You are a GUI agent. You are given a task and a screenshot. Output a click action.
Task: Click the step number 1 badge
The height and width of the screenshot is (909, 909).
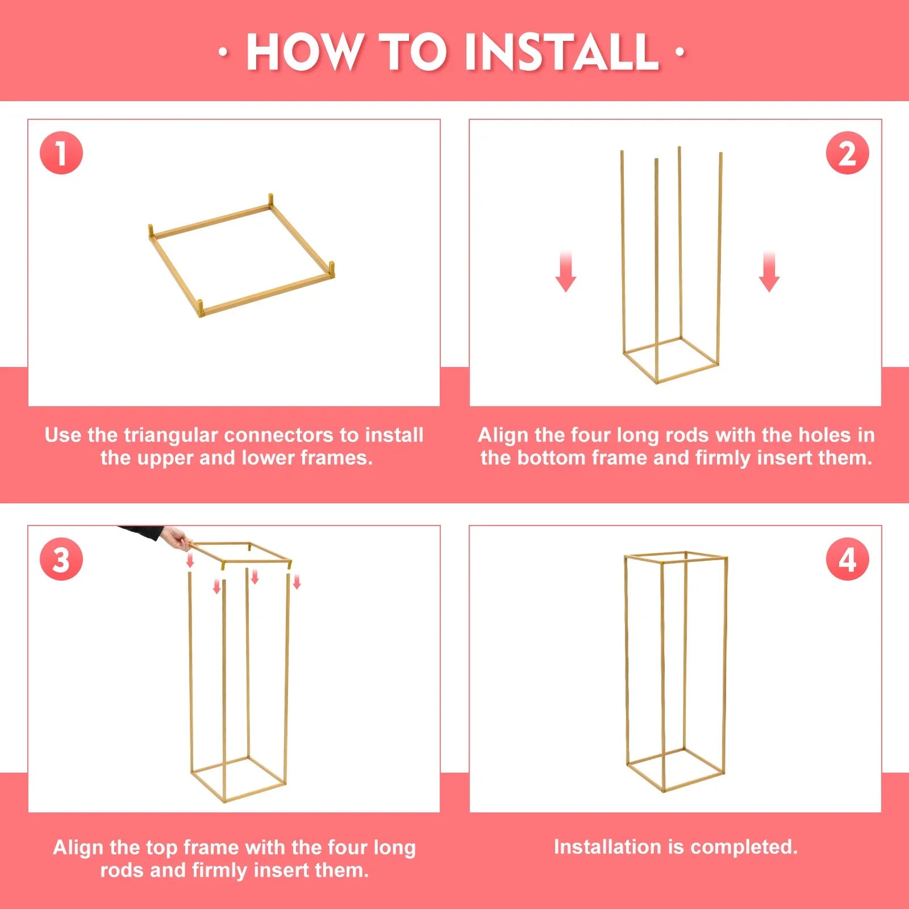[x=61, y=153]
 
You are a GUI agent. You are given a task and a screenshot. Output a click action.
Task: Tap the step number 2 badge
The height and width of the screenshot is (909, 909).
[x=847, y=153]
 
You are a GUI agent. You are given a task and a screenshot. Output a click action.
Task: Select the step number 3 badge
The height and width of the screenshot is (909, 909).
[x=61, y=559]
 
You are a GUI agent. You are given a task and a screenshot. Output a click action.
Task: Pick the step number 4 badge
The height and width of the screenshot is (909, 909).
[x=847, y=559]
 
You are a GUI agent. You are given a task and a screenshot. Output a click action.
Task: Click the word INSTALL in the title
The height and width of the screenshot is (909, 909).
[x=561, y=52]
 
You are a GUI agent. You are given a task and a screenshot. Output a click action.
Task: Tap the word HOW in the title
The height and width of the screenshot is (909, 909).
[x=305, y=52]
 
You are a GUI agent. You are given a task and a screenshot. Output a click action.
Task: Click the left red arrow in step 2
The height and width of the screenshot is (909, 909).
[x=566, y=271]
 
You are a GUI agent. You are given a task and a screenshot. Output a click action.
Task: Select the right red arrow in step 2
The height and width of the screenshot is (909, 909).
[x=769, y=271]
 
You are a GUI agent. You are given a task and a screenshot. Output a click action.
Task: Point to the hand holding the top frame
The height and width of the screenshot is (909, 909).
[x=178, y=539]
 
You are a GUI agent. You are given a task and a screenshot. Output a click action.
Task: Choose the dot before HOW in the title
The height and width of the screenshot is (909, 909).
[x=223, y=52]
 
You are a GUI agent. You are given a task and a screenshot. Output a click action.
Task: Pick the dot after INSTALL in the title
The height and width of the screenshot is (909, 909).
[x=680, y=52]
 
